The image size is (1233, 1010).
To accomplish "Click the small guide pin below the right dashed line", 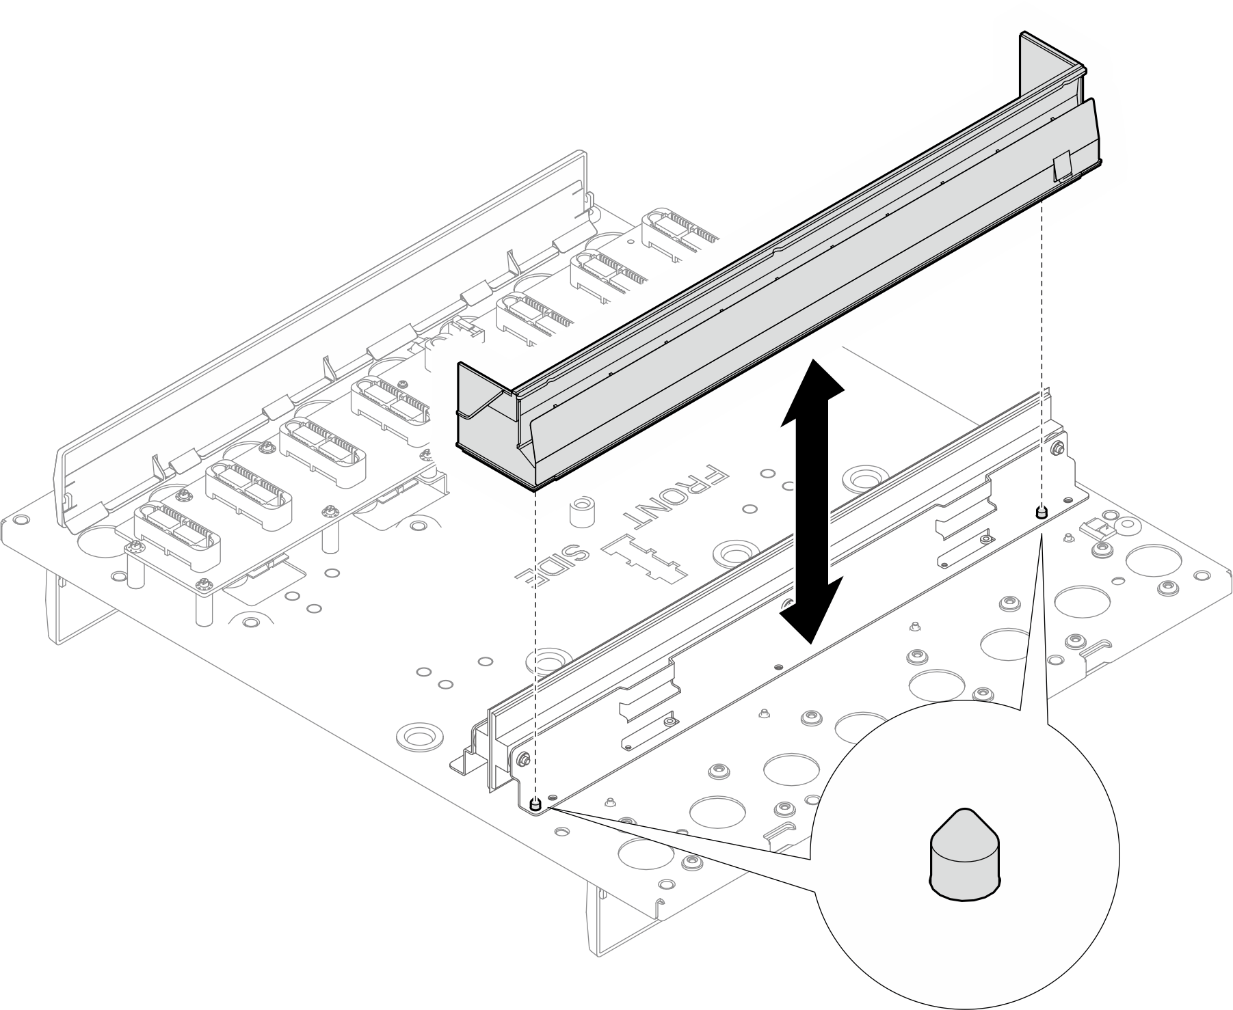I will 1041,512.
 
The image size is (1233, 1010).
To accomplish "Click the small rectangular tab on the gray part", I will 1062,167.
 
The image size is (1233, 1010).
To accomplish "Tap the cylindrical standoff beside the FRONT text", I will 581,513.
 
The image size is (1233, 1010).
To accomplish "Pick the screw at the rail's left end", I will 523,759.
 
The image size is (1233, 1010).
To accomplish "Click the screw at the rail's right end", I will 1058,449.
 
